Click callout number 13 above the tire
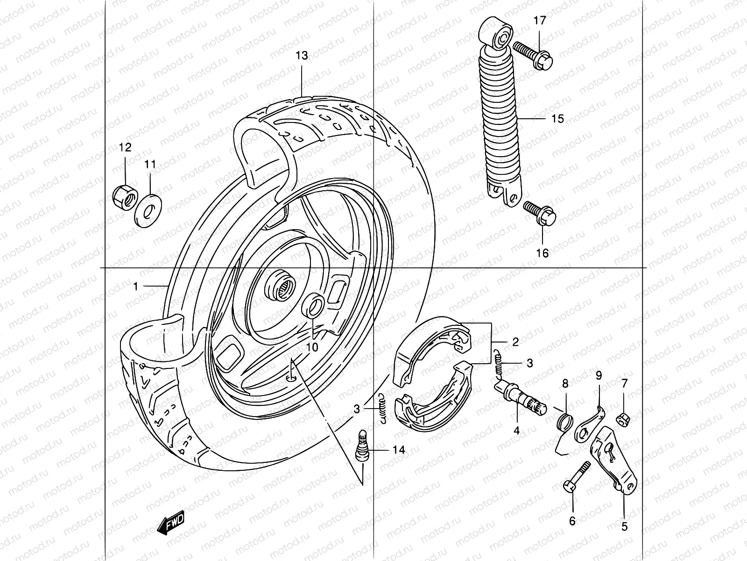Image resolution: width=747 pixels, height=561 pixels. point(302,56)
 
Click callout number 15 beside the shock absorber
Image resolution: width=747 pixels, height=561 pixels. point(557,119)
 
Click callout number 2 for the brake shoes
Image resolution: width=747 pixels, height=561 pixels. point(515,342)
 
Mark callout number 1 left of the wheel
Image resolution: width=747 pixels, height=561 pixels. point(136,286)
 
